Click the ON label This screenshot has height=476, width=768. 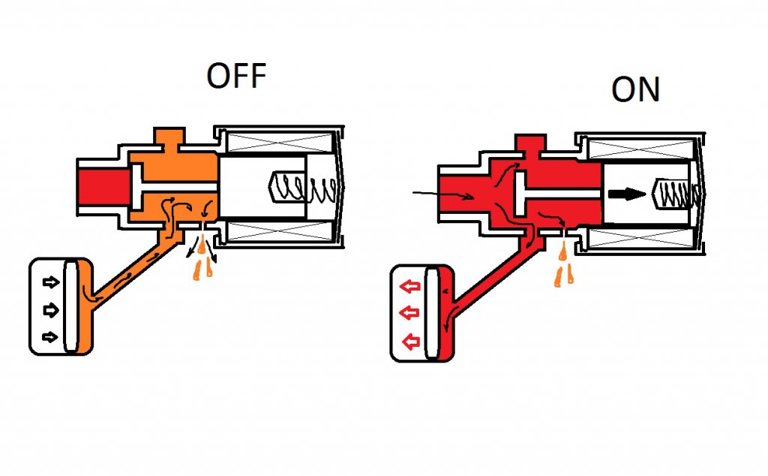[x=635, y=89]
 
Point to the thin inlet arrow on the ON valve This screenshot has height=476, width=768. [x=442, y=196]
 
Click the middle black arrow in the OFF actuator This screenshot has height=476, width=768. [x=50, y=309]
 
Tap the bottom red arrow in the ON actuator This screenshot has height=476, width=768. [x=409, y=342]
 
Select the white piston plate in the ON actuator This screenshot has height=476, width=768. [x=432, y=314]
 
